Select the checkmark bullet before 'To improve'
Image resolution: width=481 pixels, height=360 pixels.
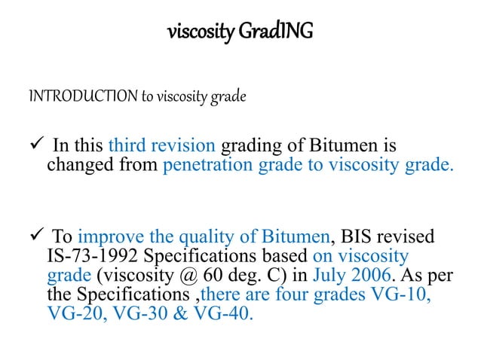click(x=37, y=236)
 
